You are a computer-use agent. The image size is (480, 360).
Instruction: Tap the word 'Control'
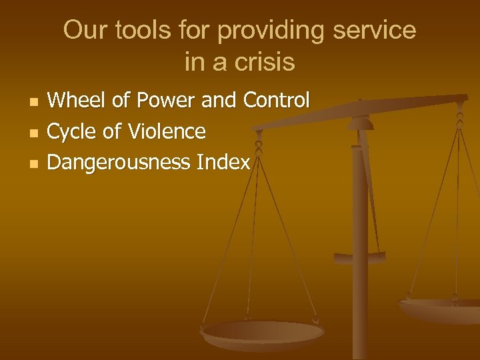pos(277,101)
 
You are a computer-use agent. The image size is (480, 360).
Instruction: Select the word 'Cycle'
pos(71,131)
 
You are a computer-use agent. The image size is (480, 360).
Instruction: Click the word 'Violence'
pos(168,131)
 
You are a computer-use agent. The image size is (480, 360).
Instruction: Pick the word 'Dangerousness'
pos(119,162)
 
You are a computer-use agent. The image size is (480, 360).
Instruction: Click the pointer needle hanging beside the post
pos(373,193)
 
